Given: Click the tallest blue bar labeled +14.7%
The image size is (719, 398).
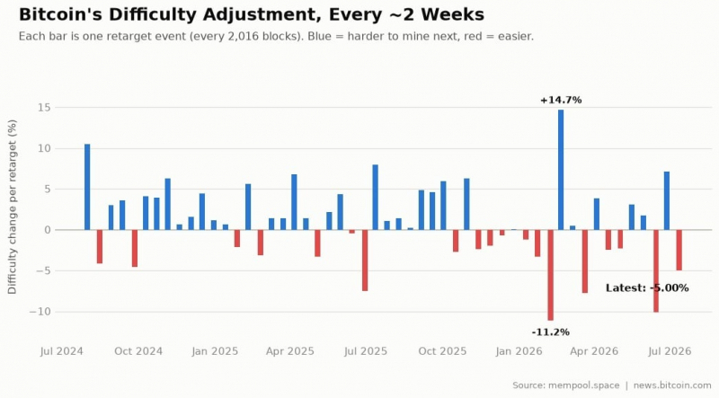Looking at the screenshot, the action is click(561, 170).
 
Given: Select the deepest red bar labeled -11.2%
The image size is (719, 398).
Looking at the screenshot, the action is click(550, 275).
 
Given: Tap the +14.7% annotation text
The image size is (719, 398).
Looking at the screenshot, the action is click(561, 100).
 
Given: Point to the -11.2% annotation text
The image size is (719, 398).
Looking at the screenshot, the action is click(550, 332).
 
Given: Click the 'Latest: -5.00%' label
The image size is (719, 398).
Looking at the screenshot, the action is click(647, 288).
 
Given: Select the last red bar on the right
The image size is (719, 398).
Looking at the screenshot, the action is click(679, 250).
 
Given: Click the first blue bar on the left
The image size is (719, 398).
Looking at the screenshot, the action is click(87, 187).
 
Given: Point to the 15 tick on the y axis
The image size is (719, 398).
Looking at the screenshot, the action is click(45, 107).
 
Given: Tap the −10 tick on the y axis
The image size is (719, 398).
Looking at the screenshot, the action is click(40, 312).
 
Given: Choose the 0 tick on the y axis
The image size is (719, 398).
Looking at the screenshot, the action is click(48, 230).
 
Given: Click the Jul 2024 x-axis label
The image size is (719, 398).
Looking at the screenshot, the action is click(61, 351).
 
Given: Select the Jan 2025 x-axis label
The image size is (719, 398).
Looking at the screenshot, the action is click(215, 351).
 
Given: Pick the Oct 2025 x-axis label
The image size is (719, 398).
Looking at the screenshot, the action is click(442, 351).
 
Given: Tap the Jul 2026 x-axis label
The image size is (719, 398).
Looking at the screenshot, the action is click(670, 351).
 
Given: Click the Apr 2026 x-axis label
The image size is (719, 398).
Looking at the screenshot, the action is click(594, 351).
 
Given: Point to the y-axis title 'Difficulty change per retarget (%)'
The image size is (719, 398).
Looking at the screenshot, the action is click(12, 207).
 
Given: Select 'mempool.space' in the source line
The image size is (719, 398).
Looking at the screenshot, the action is click(583, 385).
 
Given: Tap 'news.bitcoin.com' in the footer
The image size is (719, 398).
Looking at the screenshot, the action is click(672, 385).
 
